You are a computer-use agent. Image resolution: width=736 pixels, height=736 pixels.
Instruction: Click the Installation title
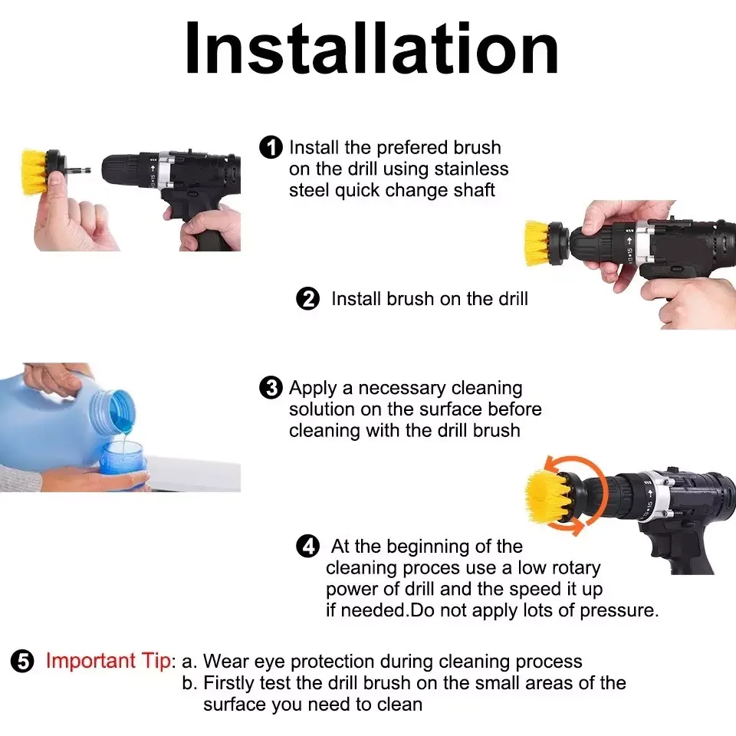[x=372, y=48]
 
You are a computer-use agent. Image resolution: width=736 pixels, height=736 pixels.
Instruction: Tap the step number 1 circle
[x=271, y=147]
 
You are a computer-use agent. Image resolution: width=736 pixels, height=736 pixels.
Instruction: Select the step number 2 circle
[x=308, y=298]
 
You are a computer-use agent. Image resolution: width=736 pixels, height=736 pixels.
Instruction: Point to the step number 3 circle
[x=271, y=388]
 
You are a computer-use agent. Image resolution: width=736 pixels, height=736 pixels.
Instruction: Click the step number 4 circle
[x=308, y=546]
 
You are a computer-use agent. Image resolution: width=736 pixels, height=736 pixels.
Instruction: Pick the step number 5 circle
[x=22, y=661]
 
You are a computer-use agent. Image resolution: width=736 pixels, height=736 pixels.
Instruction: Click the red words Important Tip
[x=108, y=661]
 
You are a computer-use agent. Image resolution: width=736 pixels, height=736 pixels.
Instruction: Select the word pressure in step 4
[x=619, y=611]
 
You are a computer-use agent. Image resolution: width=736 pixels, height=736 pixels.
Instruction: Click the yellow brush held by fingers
[x=35, y=172]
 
